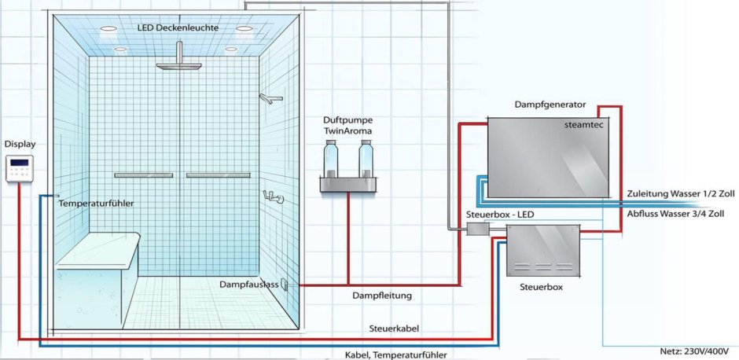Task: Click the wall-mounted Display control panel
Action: click(19, 168)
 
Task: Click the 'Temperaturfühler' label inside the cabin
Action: click(96, 204)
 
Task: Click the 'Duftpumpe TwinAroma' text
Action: click(347, 126)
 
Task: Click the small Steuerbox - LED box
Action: click(478, 229)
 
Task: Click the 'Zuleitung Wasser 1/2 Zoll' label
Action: click(680, 193)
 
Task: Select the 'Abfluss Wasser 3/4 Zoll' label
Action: click(676, 213)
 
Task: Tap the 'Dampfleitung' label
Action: click(383, 296)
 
